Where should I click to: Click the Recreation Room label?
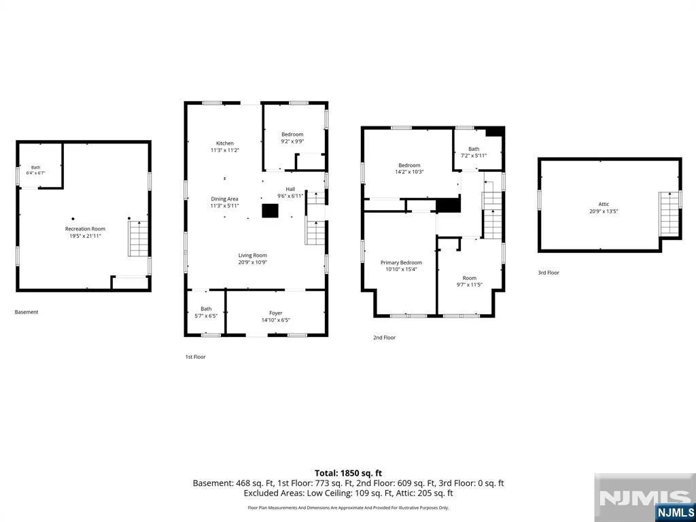pos(85,229)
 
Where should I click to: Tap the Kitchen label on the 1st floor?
pos(224,143)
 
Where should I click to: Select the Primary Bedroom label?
pos(401,263)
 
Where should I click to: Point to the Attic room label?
pos(604,205)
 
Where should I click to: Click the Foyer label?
pos(276,313)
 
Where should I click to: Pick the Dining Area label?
pos(224,199)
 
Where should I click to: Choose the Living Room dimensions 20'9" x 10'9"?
pos(252,262)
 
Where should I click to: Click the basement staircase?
pos(139,239)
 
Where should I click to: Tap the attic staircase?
pos(669,214)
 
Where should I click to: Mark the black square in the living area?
pos(270,211)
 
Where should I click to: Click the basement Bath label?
pos(35,167)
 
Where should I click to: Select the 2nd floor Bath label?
pos(474,149)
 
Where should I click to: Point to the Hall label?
pos(290,189)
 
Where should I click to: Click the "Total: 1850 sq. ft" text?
pos(348,473)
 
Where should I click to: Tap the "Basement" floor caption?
pos(27,312)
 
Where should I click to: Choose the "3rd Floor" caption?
pos(549,273)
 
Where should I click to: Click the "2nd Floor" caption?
pos(384,338)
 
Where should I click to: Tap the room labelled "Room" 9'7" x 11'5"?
pos(470,278)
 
